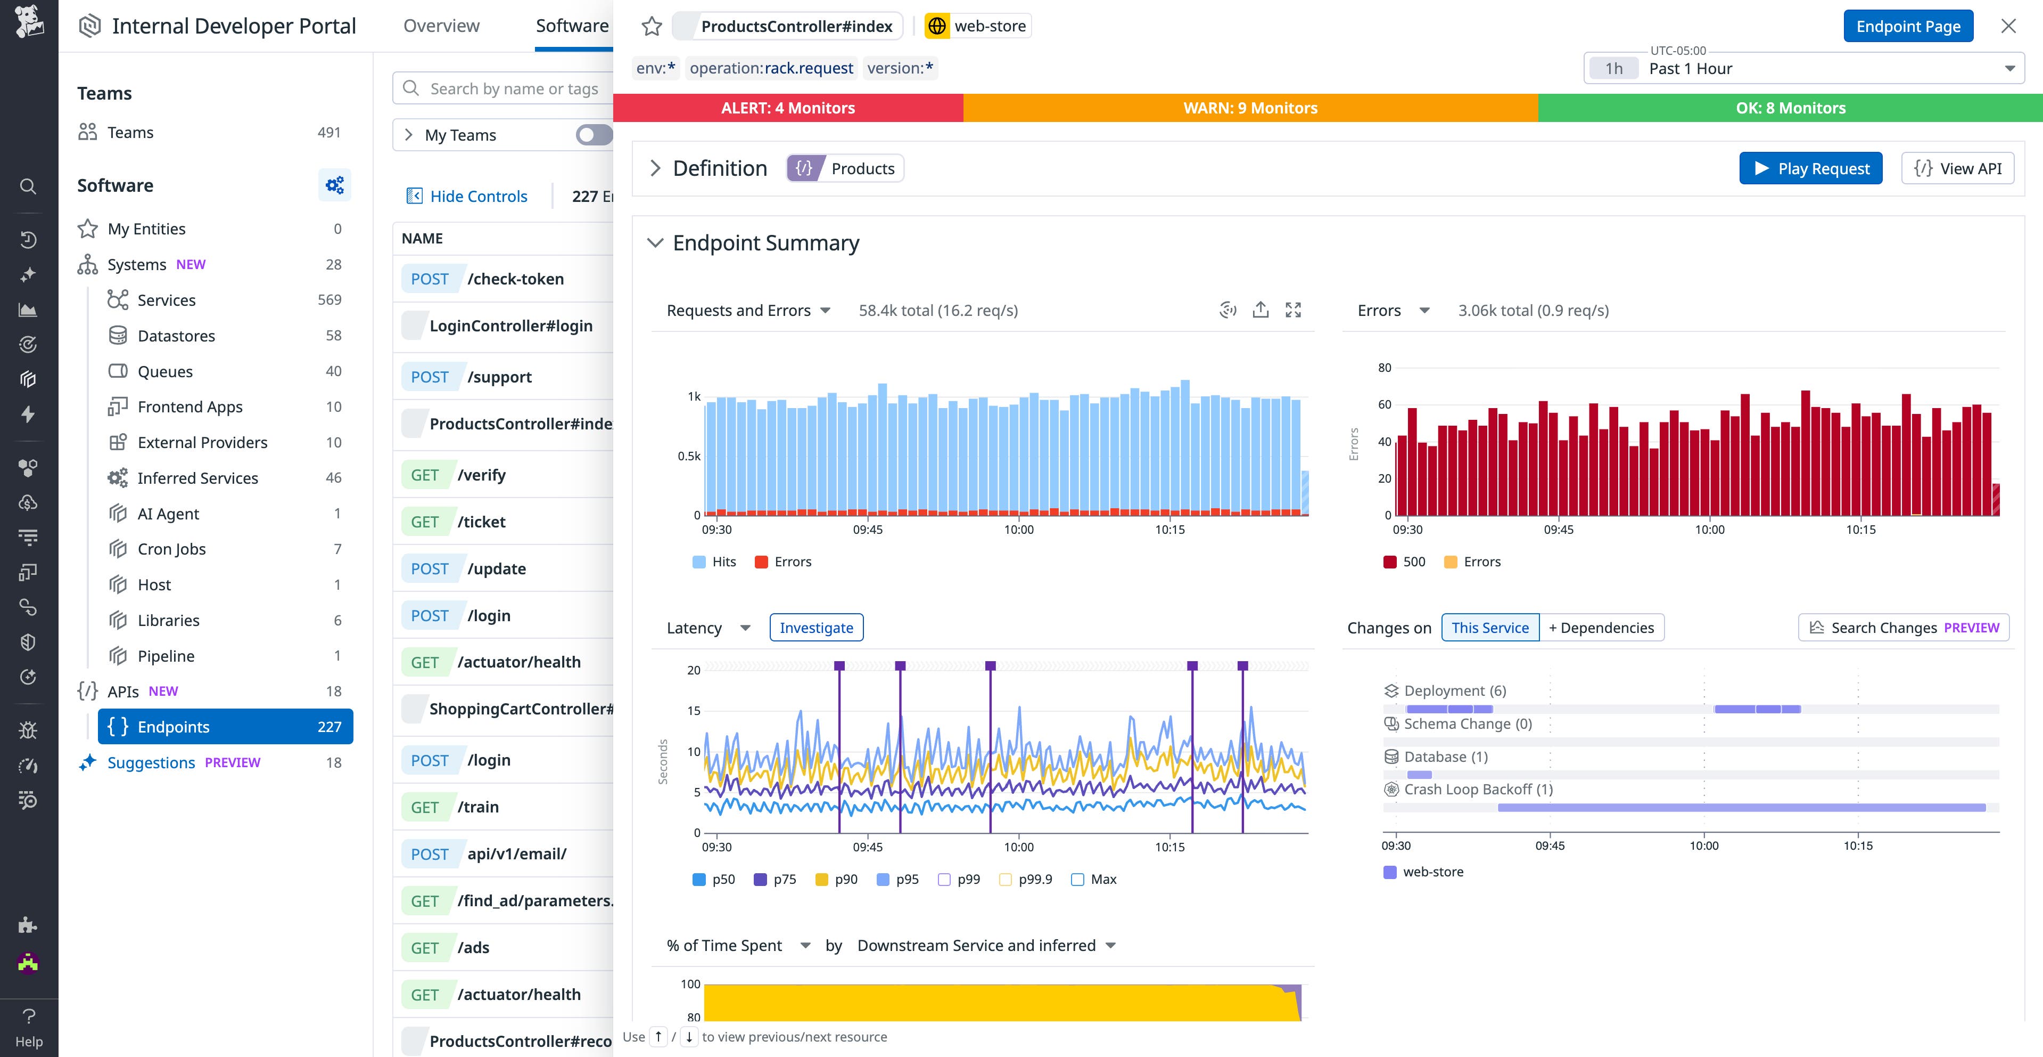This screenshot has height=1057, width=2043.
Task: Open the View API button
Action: pos(1957,168)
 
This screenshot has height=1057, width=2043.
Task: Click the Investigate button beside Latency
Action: pos(815,628)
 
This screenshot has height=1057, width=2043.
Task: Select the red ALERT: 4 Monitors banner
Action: pos(787,108)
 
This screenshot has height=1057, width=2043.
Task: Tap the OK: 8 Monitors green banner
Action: pos(1790,108)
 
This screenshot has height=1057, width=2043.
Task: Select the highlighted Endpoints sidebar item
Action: pos(225,727)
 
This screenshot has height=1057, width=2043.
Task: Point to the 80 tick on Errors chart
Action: pos(1384,368)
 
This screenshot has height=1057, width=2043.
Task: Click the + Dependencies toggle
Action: pos(1601,628)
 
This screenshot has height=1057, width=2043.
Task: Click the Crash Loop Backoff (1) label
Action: pos(1478,790)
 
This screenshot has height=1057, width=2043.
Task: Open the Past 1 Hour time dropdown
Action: pos(1803,68)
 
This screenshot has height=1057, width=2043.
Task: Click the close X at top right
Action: pos(2008,26)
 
